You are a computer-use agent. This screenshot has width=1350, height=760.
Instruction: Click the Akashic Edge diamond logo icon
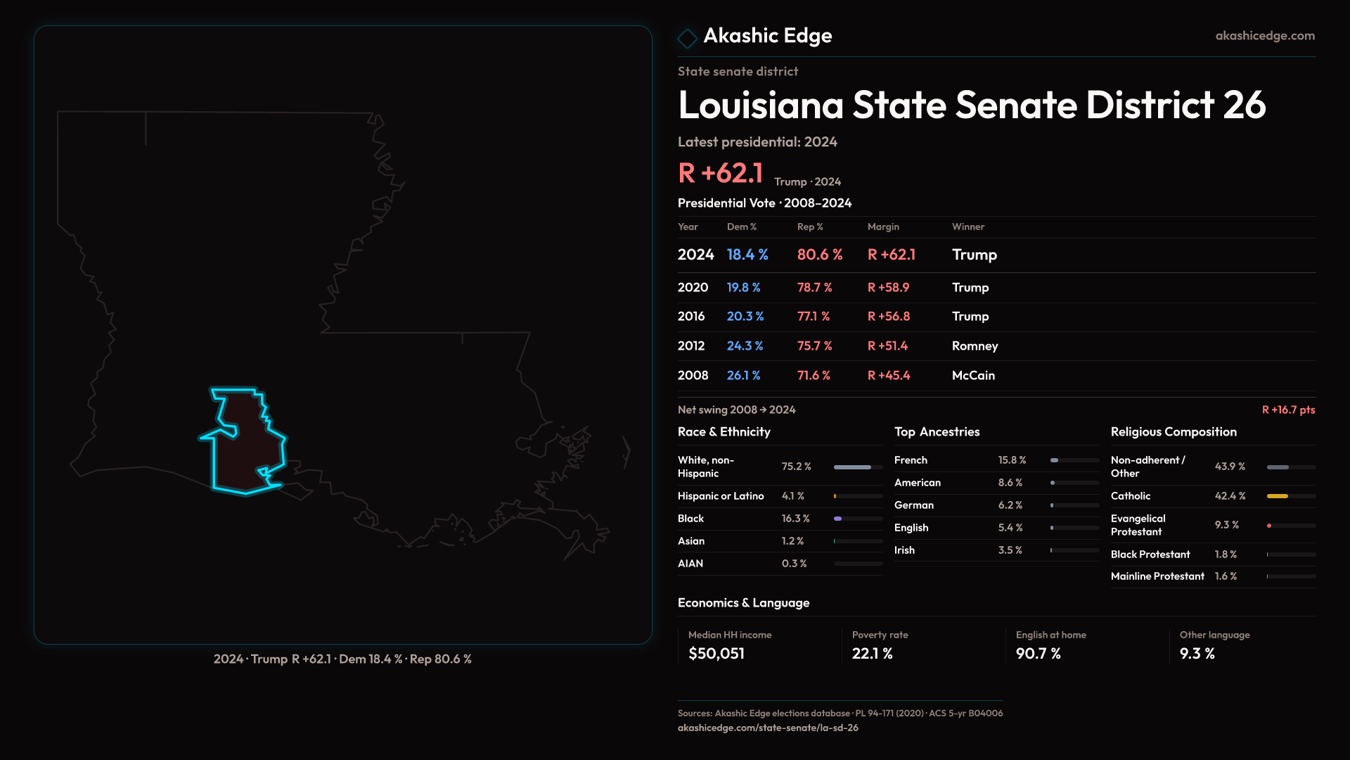[x=687, y=37]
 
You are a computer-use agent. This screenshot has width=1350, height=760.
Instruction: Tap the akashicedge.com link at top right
[x=1265, y=36]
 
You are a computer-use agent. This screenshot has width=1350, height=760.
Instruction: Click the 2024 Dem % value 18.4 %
[x=747, y=255]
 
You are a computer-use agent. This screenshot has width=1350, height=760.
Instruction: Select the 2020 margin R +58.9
[x=888, y=288]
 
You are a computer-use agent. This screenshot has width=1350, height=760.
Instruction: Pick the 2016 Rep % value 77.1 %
[x=814, y=317]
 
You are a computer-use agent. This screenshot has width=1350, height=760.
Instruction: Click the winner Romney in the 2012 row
[x=975, y=346]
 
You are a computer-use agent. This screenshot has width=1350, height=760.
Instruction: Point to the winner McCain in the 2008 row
[x=973, y=376]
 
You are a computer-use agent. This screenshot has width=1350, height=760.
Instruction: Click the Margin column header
[x=883, y=227]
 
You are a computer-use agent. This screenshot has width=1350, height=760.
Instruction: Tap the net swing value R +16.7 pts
[x=1288, y=410]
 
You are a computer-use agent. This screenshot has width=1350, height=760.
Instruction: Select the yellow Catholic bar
[x=1277, y=496]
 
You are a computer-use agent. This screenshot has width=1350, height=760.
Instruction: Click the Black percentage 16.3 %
[x=795, y=519]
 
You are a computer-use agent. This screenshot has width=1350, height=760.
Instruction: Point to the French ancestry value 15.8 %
[x=1012, y=460]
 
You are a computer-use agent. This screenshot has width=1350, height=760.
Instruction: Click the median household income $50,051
[x=716, y=654]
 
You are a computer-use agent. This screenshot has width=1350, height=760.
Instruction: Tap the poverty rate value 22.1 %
[x=872, y=654]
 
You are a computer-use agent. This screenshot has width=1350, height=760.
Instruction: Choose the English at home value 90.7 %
[x=1038, y=654]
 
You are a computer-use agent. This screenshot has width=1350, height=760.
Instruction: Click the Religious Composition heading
[x=1174, y=432]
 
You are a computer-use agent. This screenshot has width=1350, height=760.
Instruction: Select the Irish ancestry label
[x=904, y=550]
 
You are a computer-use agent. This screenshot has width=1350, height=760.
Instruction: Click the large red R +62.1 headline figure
[x=720, y=173]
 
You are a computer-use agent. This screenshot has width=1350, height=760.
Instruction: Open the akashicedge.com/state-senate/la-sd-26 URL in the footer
[x=768, y=728]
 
